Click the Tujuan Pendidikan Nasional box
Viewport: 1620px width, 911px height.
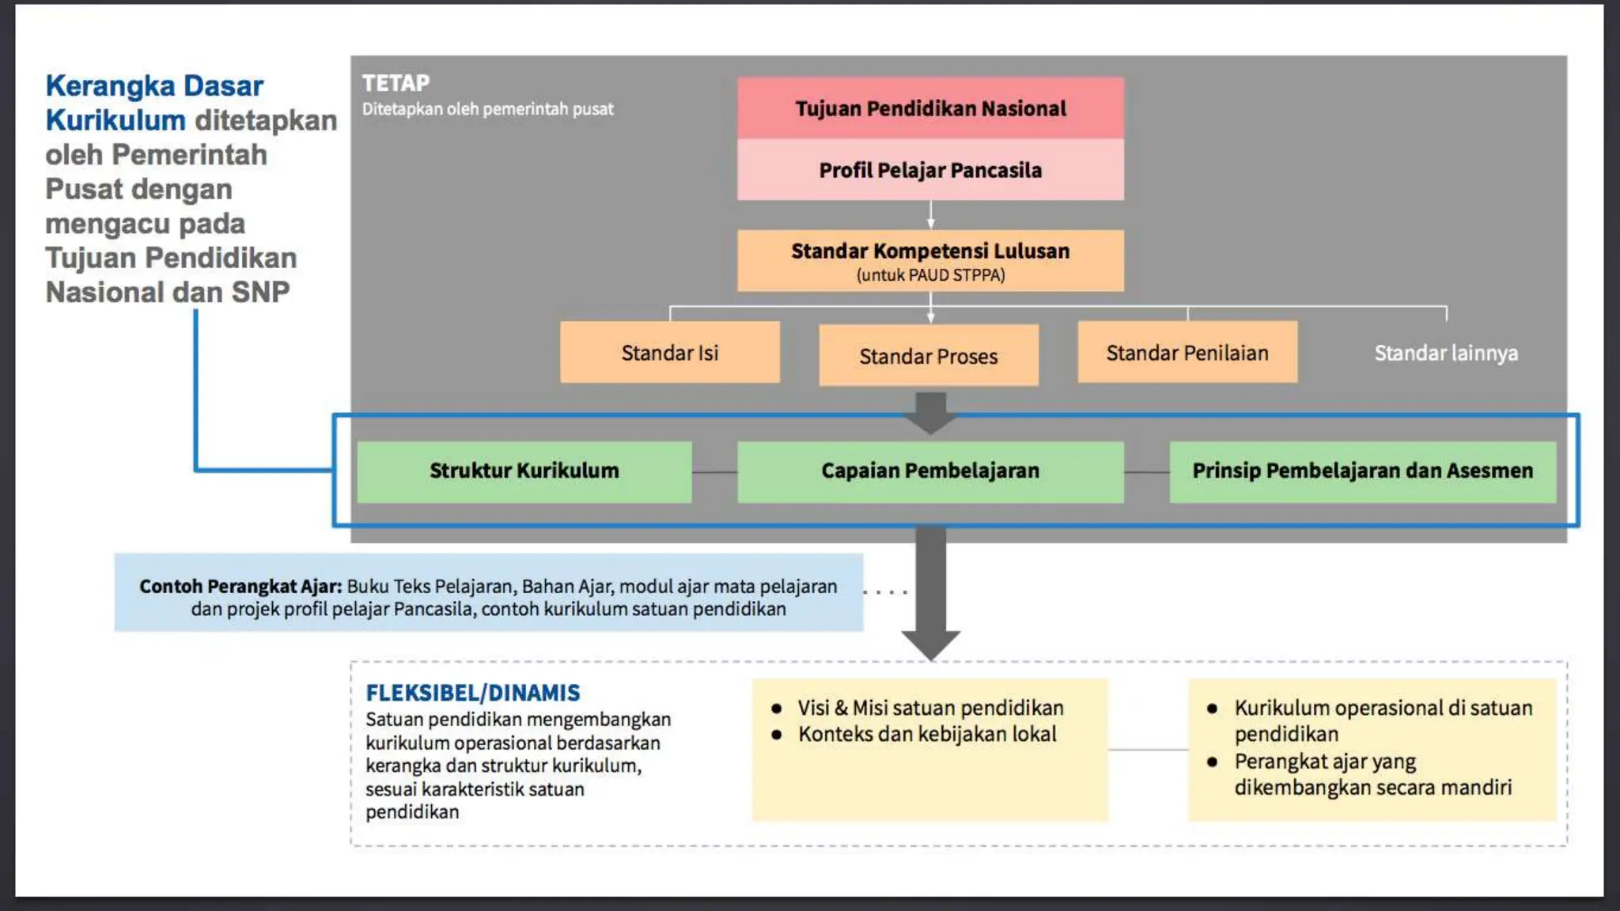coord(930,108)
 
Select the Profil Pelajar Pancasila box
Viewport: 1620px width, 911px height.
coord(930,170)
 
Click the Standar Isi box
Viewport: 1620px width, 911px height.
coord(670,353)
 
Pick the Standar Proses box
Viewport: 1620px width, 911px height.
coord(929,356)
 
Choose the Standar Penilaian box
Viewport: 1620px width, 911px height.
coord(1187,353)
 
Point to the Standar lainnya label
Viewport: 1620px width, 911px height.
coord(1446,353)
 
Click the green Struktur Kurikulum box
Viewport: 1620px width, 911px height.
coord(524,471)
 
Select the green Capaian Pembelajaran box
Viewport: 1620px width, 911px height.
coord(930,471)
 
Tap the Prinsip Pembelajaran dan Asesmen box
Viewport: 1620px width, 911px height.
coord(1362,471)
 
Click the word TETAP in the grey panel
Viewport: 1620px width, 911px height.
coord(396,83)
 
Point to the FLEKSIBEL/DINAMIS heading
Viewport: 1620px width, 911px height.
coord(472,693)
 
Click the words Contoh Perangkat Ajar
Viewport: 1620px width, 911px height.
coord(240,587)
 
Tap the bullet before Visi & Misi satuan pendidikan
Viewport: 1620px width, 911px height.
coord(777,709)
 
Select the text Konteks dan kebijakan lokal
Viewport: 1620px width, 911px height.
coord(927,735)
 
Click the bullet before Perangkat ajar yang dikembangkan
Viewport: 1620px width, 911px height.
coord(1212,762)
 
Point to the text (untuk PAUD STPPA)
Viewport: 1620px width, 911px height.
coord(930,275)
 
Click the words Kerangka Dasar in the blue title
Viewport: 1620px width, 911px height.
coord(154,85)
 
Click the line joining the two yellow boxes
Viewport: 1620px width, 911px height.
coord(1148,750)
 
